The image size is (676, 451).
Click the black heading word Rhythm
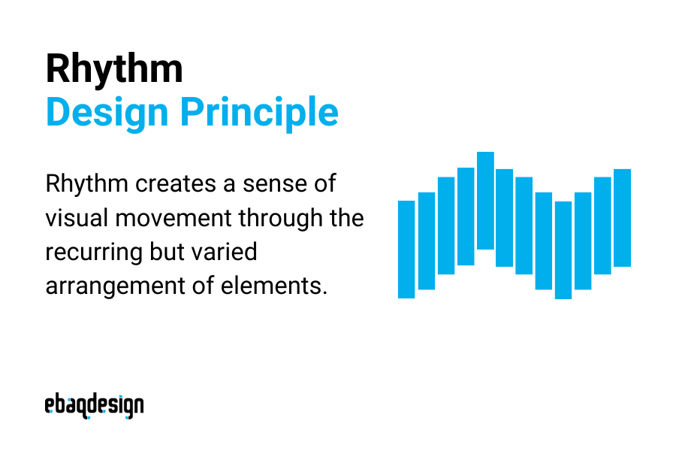(113, 70)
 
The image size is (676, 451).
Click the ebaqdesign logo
(94, 406)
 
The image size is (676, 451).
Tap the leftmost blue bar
(406, 249)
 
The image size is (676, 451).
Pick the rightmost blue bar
(622, 218)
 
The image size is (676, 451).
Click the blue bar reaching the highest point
(485, 201)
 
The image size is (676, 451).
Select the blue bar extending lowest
(563, 250)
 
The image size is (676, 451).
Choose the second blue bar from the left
(427, 241)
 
